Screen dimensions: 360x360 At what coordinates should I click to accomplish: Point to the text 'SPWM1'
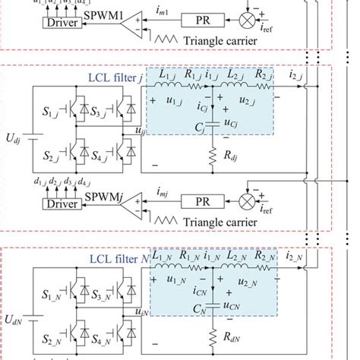[109, 15]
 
